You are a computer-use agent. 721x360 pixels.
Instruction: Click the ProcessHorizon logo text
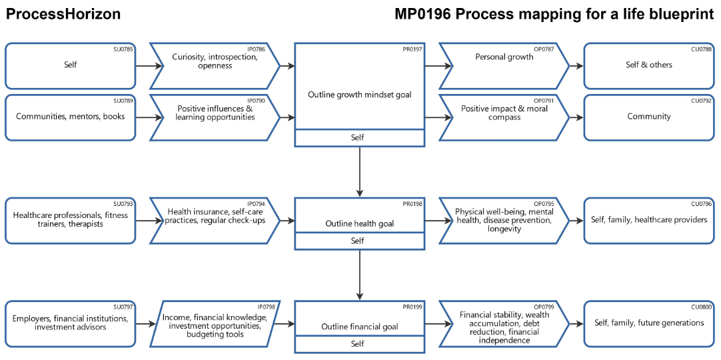[63, 14]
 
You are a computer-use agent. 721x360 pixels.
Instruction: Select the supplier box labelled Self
[70, 65]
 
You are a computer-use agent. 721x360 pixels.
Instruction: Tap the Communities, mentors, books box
[70, 117]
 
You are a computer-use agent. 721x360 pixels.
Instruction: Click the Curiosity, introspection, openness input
[215, 61]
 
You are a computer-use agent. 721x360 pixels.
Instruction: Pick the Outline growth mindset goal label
[359, 95]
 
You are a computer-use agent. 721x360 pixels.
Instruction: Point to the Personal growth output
[504, 57]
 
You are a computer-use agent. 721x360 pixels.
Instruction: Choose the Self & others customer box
[648, 65]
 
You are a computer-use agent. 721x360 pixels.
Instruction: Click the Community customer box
[648, 117]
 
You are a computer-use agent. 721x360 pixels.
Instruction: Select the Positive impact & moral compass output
[504, 113]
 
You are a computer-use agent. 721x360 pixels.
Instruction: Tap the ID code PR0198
[412, 203]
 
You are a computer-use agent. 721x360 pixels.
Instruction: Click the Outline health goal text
[359, 224]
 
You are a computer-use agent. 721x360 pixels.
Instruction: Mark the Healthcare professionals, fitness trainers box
[70, 220]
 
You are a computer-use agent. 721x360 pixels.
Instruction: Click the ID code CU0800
[701, 307]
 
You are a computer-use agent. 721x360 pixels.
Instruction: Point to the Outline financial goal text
[359, 327]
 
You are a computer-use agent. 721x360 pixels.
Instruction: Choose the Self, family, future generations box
[648, 323]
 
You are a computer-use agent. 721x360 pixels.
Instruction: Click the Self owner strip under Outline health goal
[359, 241]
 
